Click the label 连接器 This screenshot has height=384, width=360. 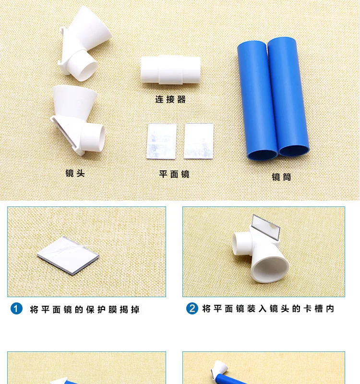170,99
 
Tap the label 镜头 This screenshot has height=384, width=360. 75,173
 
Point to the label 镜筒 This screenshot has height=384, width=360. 281,177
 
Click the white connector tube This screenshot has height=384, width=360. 170,71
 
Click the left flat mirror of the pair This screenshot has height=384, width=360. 161,141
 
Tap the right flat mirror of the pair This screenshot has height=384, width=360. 198,141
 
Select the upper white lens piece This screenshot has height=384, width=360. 84,41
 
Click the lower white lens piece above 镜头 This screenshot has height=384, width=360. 79,120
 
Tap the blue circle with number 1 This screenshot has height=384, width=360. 17,309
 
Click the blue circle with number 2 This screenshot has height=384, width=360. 192,309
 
